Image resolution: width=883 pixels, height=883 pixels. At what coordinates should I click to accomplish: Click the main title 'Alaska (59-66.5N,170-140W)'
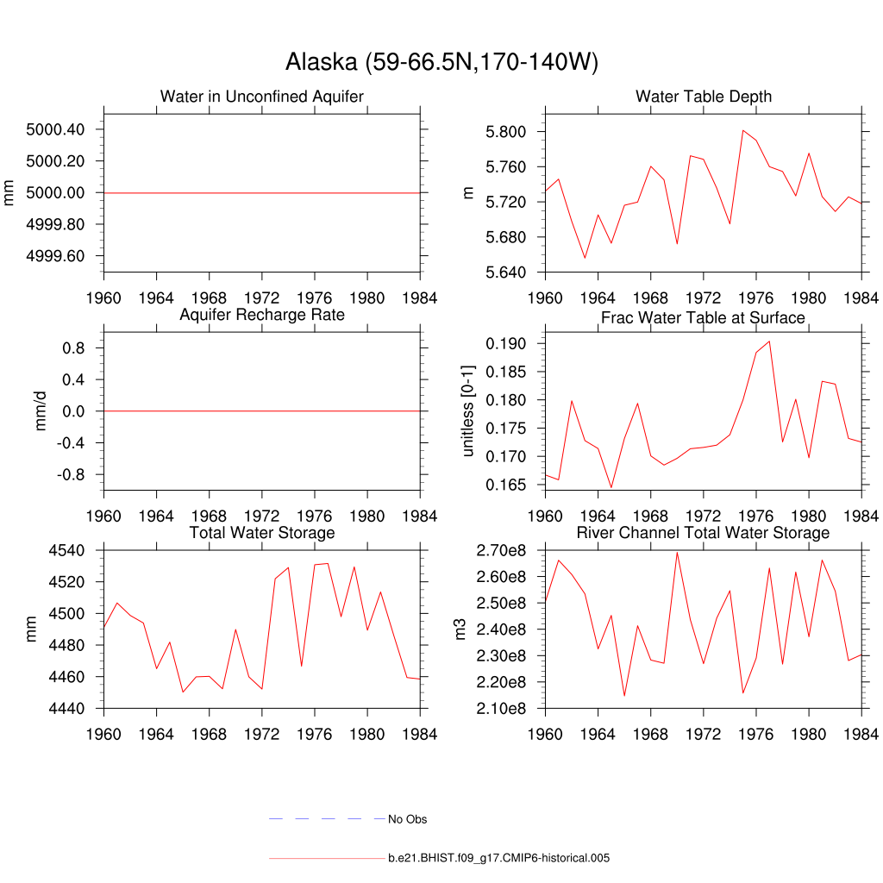click(441, 62)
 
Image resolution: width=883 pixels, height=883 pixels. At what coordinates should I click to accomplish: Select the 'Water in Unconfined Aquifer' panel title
click(261, 97)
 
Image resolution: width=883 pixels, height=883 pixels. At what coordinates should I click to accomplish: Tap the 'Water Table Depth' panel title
click(704, 97)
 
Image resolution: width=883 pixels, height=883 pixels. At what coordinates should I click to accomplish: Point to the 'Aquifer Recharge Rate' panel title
click(261, 315)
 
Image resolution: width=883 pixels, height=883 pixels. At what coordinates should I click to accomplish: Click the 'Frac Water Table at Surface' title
click(703, 317)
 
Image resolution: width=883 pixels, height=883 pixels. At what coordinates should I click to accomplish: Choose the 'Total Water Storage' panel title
click(261, 533)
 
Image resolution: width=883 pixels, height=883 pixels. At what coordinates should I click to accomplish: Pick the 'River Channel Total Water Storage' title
click(703, 533)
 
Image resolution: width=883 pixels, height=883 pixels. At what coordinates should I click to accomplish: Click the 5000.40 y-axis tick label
click(55, 129)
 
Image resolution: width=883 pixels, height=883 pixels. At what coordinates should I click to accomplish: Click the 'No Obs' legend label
click(407, 819)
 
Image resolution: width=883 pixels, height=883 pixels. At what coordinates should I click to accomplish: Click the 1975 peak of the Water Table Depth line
click(742, 130)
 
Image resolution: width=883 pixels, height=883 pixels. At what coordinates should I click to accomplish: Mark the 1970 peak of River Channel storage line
click(677, 553)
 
